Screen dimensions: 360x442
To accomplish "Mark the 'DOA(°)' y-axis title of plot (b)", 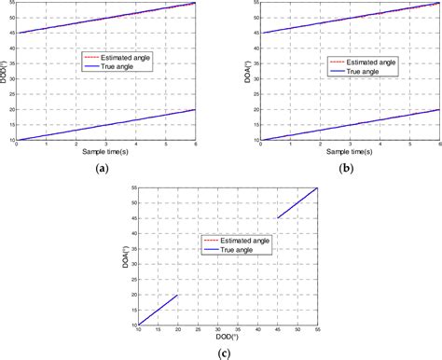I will [232, 71].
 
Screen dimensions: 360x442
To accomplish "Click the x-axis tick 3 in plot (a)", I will [104, 145].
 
